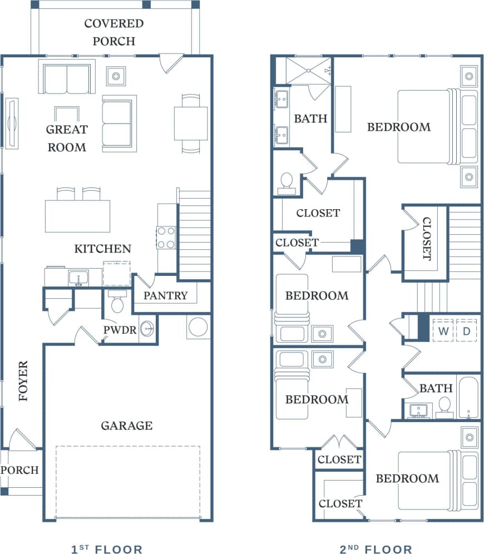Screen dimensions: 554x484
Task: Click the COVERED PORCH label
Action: pyautogui.click(x=113, y=32)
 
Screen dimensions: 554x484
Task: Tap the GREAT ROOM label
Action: pyautogui.click(x=67, y=138)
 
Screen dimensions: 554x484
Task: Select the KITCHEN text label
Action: pyautogui.click(x=103, y=249)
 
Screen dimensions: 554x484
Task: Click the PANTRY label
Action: pyautogui.click(x=165, y=295)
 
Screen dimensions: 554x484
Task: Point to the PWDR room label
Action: pyautogui.click(x=120, y=329)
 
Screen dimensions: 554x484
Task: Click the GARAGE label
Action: pyautogui.click(x=126, y=426)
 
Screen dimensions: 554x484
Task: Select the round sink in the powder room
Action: pyautogui.click(x=147, y=329)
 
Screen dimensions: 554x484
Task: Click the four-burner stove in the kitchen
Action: pyautogui.click(x=166, y=238)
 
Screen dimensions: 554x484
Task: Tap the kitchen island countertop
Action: pyautogui.click(x=77, y=216)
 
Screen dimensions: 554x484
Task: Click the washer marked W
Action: pyautogui.click(x=443, y=330)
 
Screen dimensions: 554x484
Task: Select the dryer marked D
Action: pyautogui.click(x=466, y=330)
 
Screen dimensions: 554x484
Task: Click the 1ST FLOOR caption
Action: pyautogui.click(x=107, y=550)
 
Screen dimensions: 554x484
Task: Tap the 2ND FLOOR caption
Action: pyautogui.click(x=376, y=550)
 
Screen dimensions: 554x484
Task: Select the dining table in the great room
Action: pyautogui.click(x=191, y=123)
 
